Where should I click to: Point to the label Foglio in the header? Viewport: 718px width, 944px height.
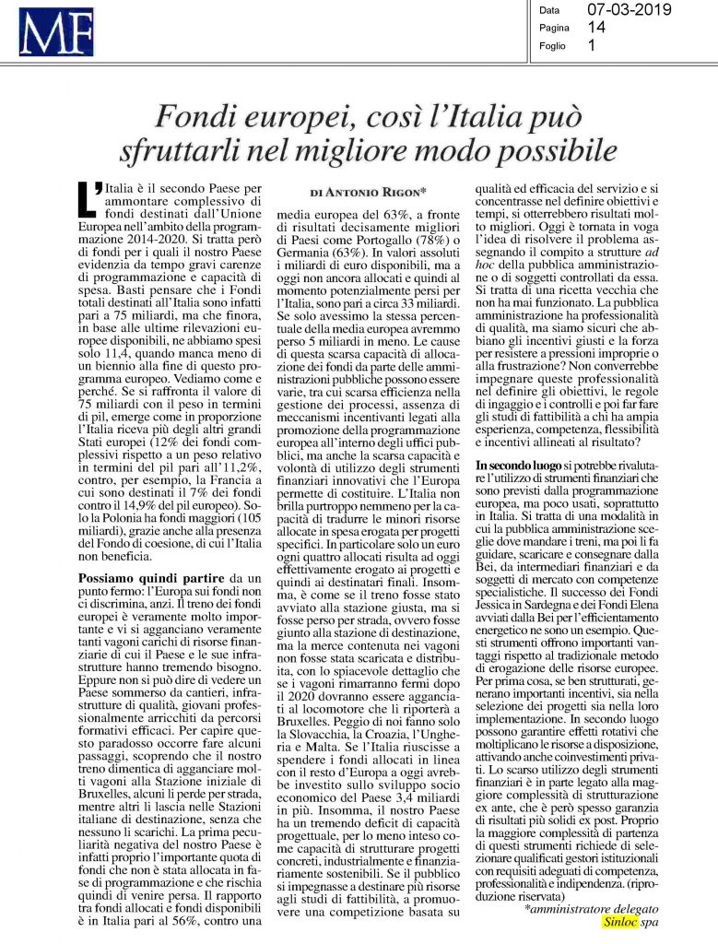(x=554, y=44)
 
